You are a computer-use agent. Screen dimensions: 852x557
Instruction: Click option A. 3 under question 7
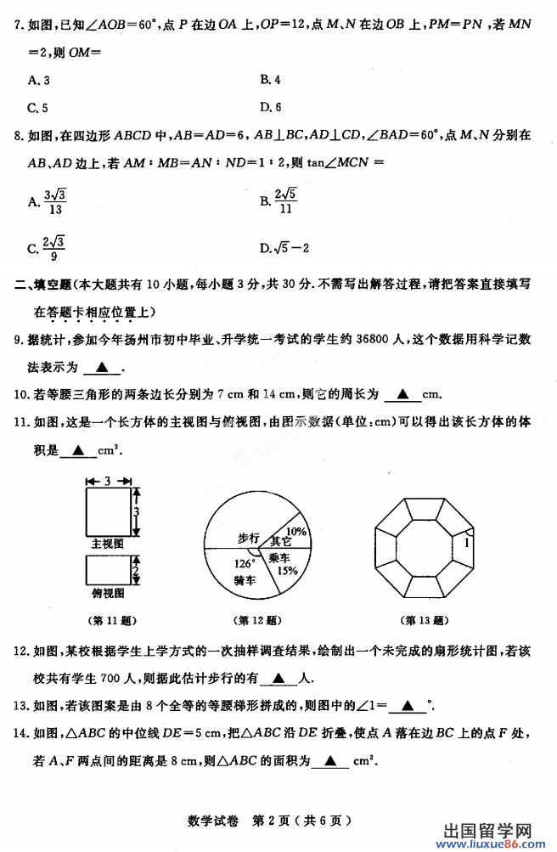point(38,80)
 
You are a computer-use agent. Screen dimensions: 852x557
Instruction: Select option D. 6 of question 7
point(272,107)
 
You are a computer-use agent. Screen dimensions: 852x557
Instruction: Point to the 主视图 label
point(107,541)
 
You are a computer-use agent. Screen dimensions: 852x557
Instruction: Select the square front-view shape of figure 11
point(108,511)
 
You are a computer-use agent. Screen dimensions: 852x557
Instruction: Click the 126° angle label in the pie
point(245,563)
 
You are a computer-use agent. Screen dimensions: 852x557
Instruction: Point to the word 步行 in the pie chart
point(248,538)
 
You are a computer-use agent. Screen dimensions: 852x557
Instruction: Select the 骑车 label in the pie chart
point(245,580)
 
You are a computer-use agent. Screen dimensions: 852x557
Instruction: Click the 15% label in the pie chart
point(285,572)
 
